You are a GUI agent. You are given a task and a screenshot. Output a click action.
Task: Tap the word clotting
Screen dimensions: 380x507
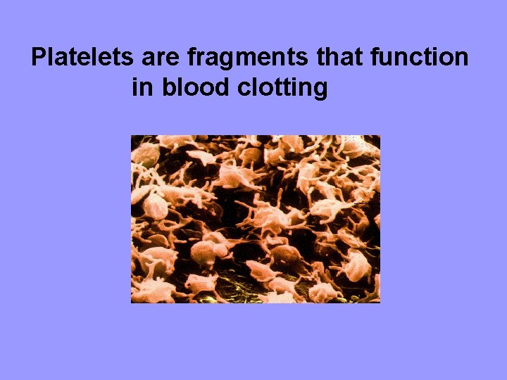tap(281, 89)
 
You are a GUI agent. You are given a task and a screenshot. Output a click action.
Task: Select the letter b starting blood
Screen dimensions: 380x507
tap(168, 88)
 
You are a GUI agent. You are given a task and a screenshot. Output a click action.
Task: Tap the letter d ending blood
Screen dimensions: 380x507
tap(218, 88)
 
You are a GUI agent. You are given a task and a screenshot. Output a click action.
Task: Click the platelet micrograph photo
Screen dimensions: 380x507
tap(255, 219)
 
